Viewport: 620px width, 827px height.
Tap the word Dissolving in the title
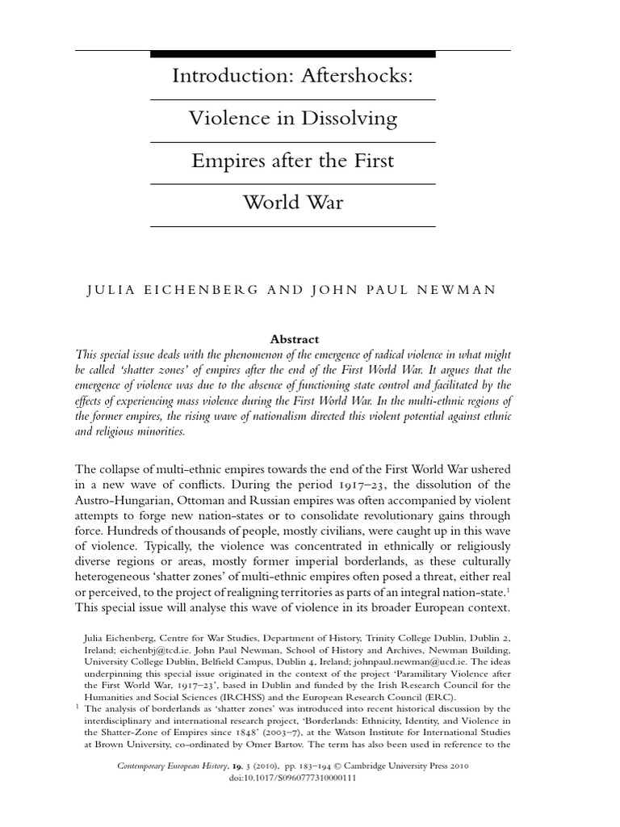(350, 119)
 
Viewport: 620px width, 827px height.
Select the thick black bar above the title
(293, 53)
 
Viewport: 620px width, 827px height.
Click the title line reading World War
(293, 202)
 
